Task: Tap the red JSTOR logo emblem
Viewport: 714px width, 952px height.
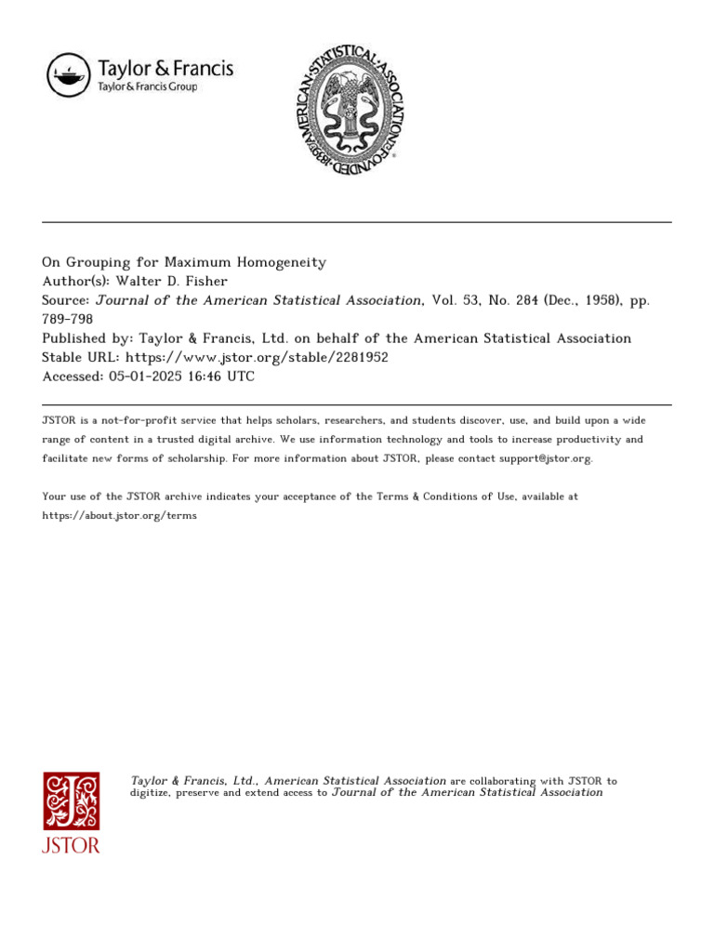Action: [x=71, y=801]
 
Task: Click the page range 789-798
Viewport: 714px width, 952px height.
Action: [x=68, y=320]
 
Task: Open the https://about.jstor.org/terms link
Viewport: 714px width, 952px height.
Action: [x=119, y=516]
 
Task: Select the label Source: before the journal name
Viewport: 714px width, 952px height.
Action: [x=66, y=300]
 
